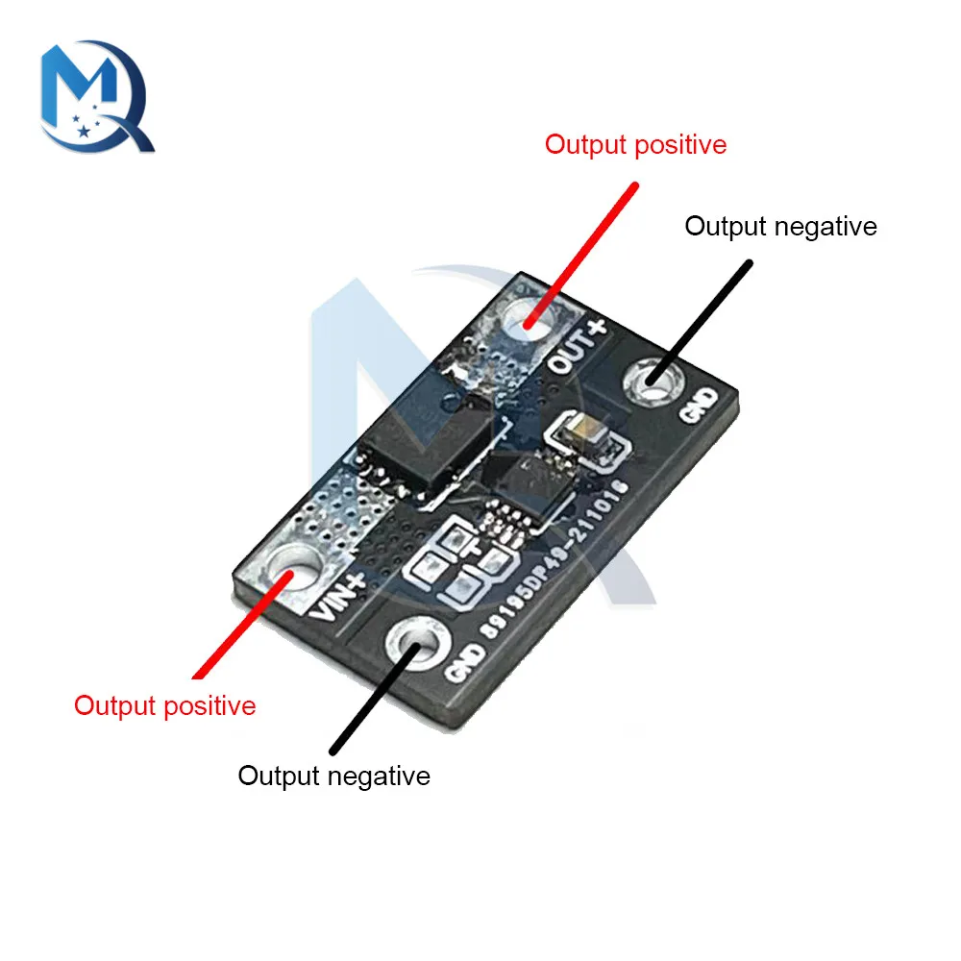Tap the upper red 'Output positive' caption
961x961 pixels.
coord(635,145)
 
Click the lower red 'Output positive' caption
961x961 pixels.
coord(165,705)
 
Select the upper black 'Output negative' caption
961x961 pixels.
coord(780,227)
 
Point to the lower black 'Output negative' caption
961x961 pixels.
coord(333,776)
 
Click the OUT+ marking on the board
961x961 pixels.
coord(578,346)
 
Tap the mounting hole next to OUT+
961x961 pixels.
coord(529,318)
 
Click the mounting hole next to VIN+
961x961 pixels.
coord(293,567)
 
